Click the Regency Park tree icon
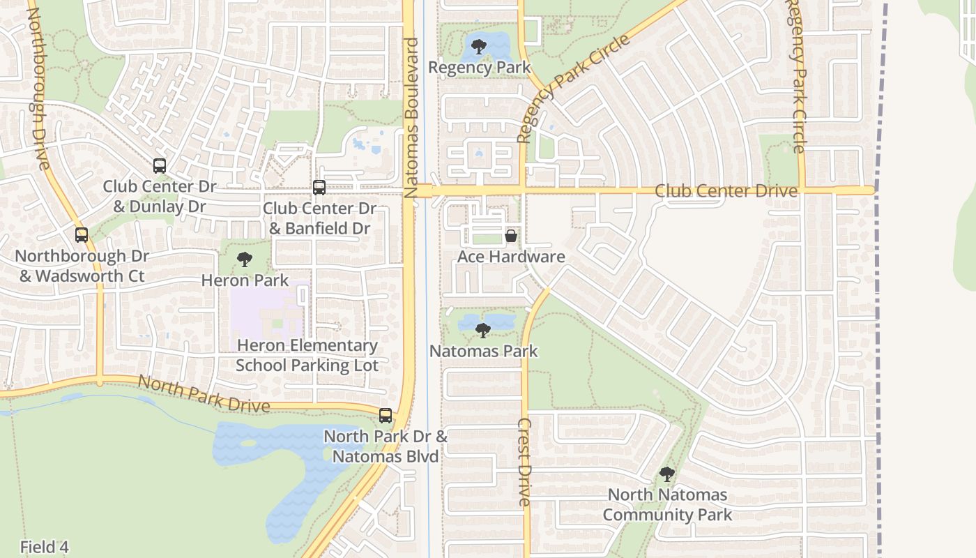(x=478, y=47)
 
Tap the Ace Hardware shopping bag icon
(x=510, y=236)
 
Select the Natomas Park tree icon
(x=482, y=330)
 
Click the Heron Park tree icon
(x=244, y=259)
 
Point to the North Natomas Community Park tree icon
(x=666, y=474)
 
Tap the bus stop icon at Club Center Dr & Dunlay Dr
(x=160, y=166)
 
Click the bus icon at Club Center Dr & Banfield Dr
(x=319, y=187)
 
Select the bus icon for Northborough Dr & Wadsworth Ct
(x=82, y=235)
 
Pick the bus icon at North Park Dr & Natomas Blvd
(x=385, y=416)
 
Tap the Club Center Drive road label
(x=726, y=190)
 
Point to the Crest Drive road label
(x=524, y=462)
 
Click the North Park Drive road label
(x=204, y=394)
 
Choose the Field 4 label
(x=44, y=547)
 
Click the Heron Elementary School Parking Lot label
(x=307, y=355)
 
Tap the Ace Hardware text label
(x=510, y=257)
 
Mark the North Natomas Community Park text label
(x=667, y=505)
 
